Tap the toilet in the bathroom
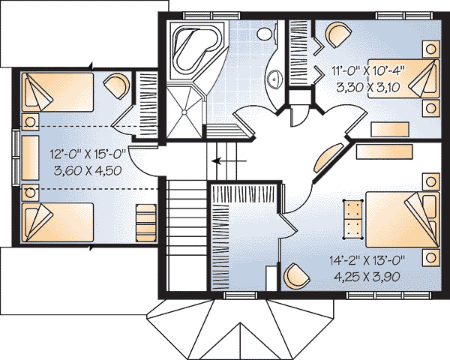[x=267, y=34]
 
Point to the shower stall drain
[x=184, y=112]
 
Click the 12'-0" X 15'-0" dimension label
[x=88, y=154]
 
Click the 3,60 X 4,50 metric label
[x=88, y=171]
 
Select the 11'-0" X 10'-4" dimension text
[x=368, y=70]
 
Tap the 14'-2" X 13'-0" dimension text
[x=367, y=260]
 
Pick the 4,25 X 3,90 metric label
[x=367, y=277]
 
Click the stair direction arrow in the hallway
[x=229, y=160]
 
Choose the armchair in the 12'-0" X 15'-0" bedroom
[x=116, y=86]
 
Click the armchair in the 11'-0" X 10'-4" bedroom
[x=338, y=34]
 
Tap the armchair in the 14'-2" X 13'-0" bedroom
[x=296, y=276]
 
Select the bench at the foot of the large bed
[x=352, y=219]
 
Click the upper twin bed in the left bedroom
[x=58, y=91]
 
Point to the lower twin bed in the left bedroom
[x=58, y=223]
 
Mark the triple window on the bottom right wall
[x=388, y=295]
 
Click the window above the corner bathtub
[x=211, y=16]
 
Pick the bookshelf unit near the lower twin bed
[x=146, y=223]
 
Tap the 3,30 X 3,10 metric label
[x=368, y=87]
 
